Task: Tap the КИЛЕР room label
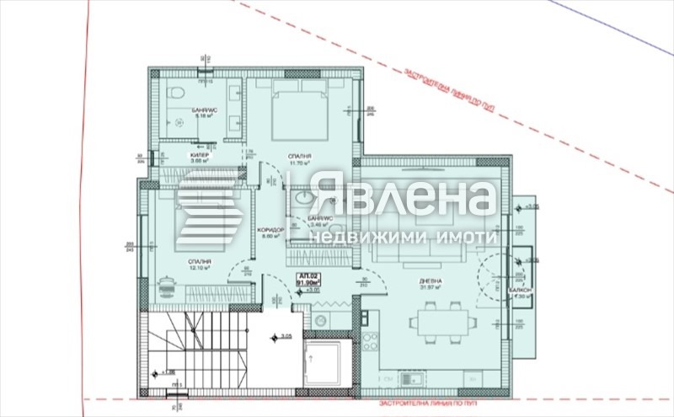click(x=199, y=157)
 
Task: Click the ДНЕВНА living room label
click(x=433, y=281)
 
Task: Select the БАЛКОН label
click(x=519, y=289)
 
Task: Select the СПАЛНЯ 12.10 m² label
click(x=200, y=264)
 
